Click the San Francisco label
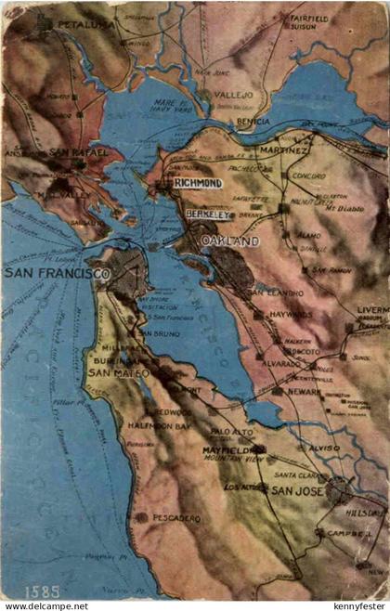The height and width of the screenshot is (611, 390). click(57, 274)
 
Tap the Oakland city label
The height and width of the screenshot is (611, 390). click(230, 241)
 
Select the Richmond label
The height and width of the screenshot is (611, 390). click(197, 184)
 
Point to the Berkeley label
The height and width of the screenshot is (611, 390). click(207, 214)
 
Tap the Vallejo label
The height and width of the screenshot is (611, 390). click(234, 95)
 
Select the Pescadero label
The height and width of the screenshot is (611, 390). click(175, 517)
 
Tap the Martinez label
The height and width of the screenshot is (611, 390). click(284, 149)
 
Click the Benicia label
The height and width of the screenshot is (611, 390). click(253, 122)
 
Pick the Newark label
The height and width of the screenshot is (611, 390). click(305, 392)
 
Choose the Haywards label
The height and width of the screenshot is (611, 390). click(291, 315)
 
